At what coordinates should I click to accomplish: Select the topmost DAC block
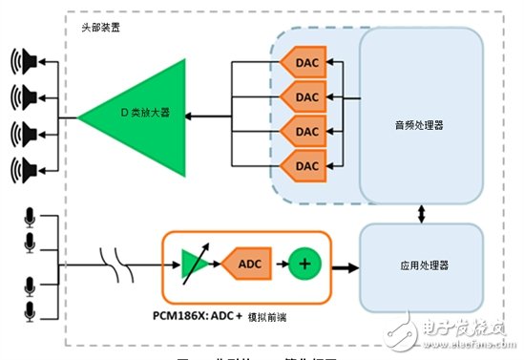[x=302, y=63]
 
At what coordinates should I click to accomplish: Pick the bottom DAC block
[x=302, y=165]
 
